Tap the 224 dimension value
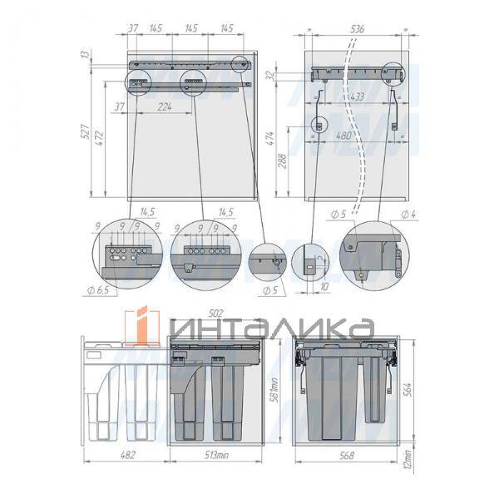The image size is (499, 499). coord(164,106)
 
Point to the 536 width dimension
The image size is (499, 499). coord(358,28)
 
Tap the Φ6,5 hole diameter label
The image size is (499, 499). coord(102,289)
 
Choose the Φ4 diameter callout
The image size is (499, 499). coord(408,215)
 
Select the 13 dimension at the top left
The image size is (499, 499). coord(85,55)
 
